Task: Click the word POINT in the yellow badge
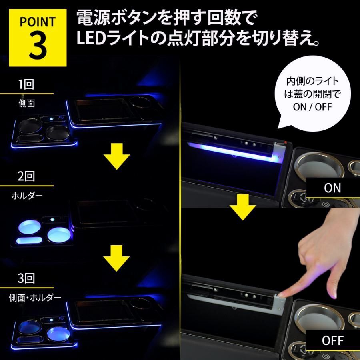point(38,21)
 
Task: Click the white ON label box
point(332,188)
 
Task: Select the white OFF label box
point(332,341)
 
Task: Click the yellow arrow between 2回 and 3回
point(117,260)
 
